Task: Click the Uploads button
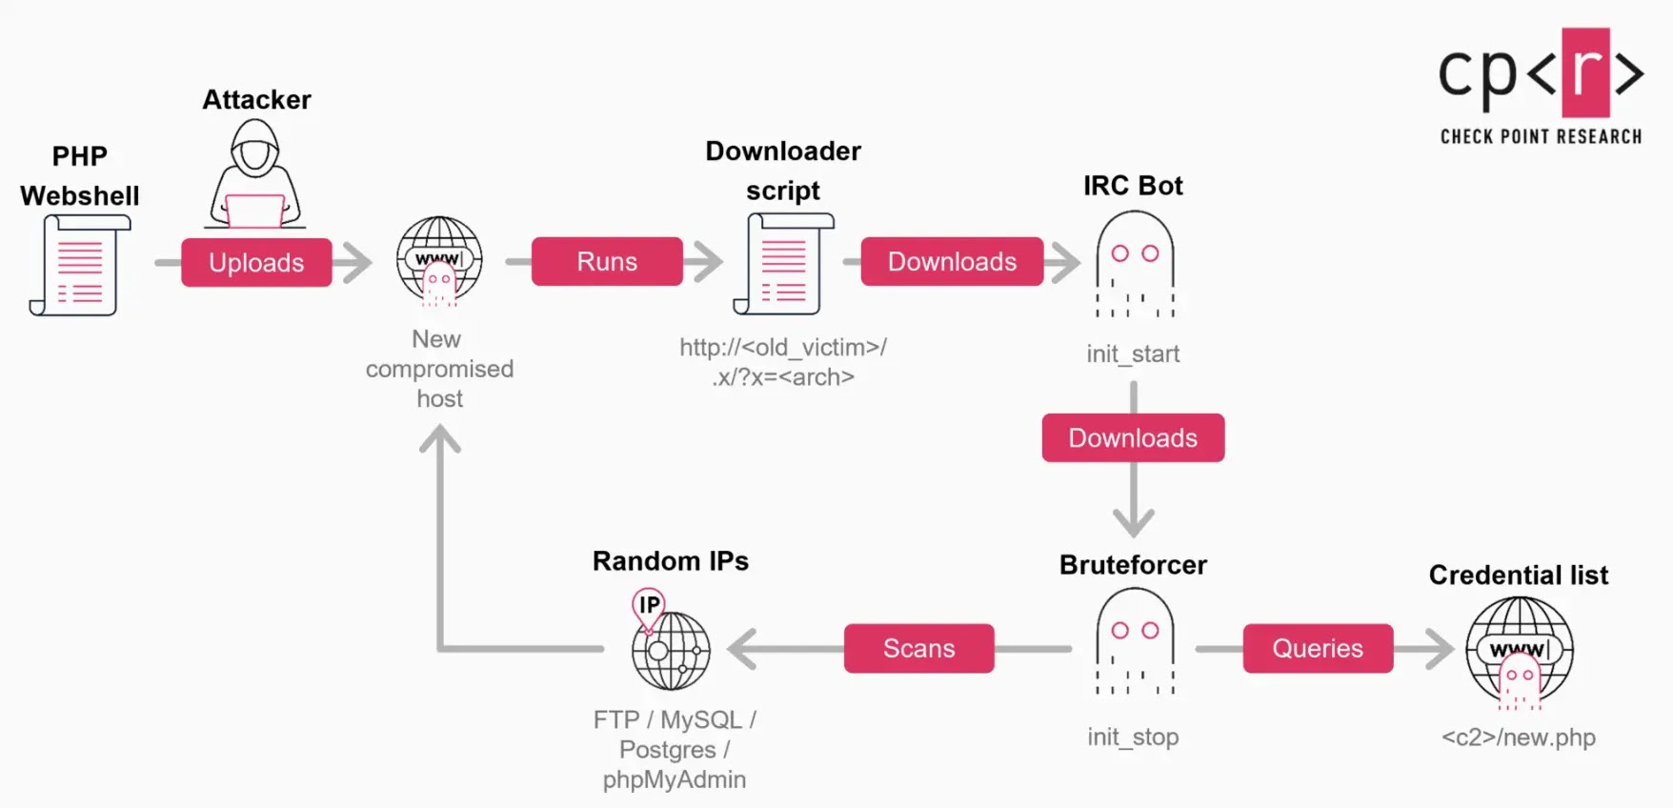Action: (x=256, y=263)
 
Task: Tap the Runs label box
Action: (x=607, y=262)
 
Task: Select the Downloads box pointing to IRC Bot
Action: (x=952, y=262)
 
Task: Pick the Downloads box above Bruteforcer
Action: (x=1133, y=438)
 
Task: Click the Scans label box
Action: (x=918, y=649)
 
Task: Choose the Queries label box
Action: (x=1318, y=649)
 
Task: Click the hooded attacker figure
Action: (x=254, y=176)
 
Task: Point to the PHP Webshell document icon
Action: (x=80, y=265)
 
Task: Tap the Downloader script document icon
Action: (x=783, y=265)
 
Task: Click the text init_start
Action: (x=1133, y=354)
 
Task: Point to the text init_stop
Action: (x=1133, y=737)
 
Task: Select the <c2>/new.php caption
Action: (x=1518, y=737)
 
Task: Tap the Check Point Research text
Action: (x=1541, y=137)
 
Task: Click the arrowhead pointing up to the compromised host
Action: (x=440, y=440)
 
